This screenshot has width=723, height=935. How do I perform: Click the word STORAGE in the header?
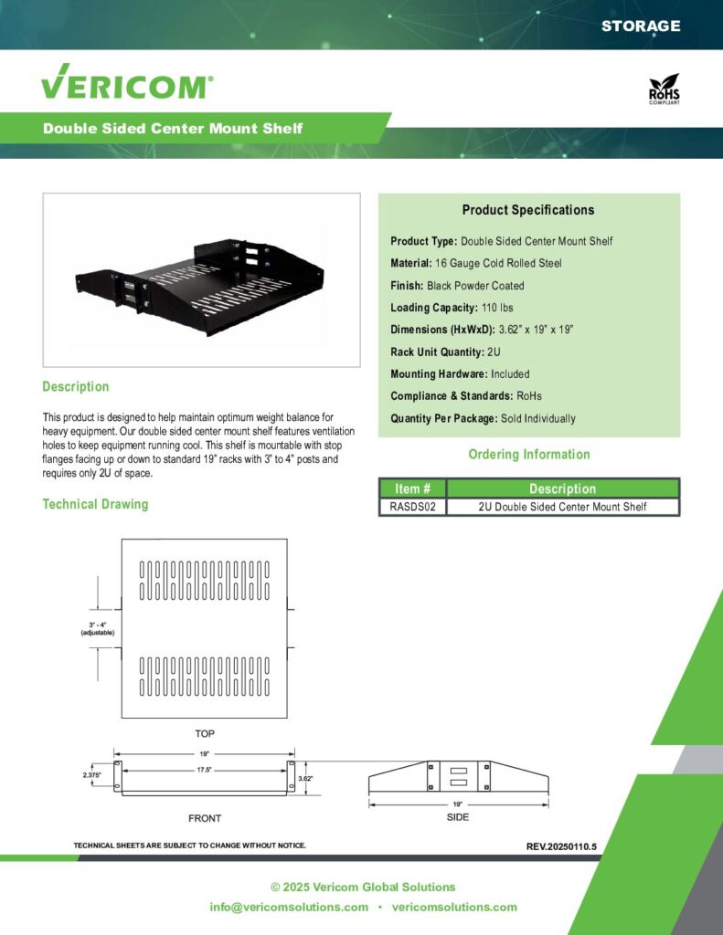point(641,26)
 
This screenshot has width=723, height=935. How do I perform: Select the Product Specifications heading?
point(528,210)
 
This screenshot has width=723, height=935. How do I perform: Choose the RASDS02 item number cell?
point(412,507)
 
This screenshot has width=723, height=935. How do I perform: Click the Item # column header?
point(412,489)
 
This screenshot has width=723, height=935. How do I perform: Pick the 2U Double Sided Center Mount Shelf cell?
point(562,507)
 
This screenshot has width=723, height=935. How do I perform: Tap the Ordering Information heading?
point(529,454)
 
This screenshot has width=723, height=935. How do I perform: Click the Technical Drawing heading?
point(95,504)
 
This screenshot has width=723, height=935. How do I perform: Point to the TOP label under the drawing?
point(205,733)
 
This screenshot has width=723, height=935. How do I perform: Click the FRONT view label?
point(205,818)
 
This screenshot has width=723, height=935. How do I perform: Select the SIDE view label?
point(458,817)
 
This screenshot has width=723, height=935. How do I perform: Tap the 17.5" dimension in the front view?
point(205,770)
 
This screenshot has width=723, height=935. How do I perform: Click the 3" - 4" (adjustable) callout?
point(97,628)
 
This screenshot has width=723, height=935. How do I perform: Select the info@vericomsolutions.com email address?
point(289,907)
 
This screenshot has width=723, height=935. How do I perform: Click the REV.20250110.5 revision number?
point(561,846)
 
